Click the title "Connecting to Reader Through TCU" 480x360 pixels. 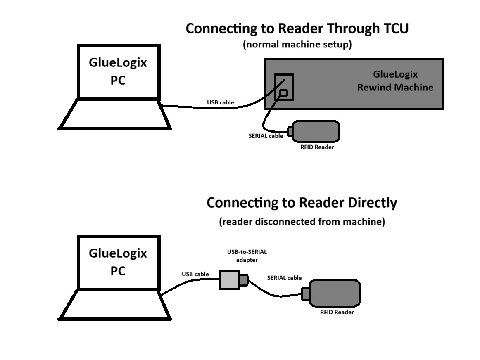[x=297, y=28]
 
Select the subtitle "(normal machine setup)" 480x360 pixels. [x=297, y=44]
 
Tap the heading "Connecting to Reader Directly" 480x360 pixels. [x=302, y=203]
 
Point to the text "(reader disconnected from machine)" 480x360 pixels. [x=302, y=222]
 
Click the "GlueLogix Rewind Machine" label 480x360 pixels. [x=395, y=81]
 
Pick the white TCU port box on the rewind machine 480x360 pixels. [x=284, y=87]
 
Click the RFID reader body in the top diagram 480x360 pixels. [x=316, y=131]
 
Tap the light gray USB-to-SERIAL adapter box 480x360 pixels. [x=229, y=279]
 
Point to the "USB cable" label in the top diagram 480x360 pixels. [x=220, y=102]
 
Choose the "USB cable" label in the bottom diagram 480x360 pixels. [x=195, y=274]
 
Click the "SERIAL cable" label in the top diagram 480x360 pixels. [x=266, y=135]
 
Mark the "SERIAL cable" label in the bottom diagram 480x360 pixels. [x=284, y=278]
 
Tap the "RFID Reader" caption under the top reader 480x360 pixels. [x=317, y=147]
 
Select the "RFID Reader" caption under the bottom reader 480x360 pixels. [x=337, y=312]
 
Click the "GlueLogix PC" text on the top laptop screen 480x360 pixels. [x=118, y=71]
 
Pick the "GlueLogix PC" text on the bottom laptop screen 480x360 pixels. [x=118, y=262]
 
